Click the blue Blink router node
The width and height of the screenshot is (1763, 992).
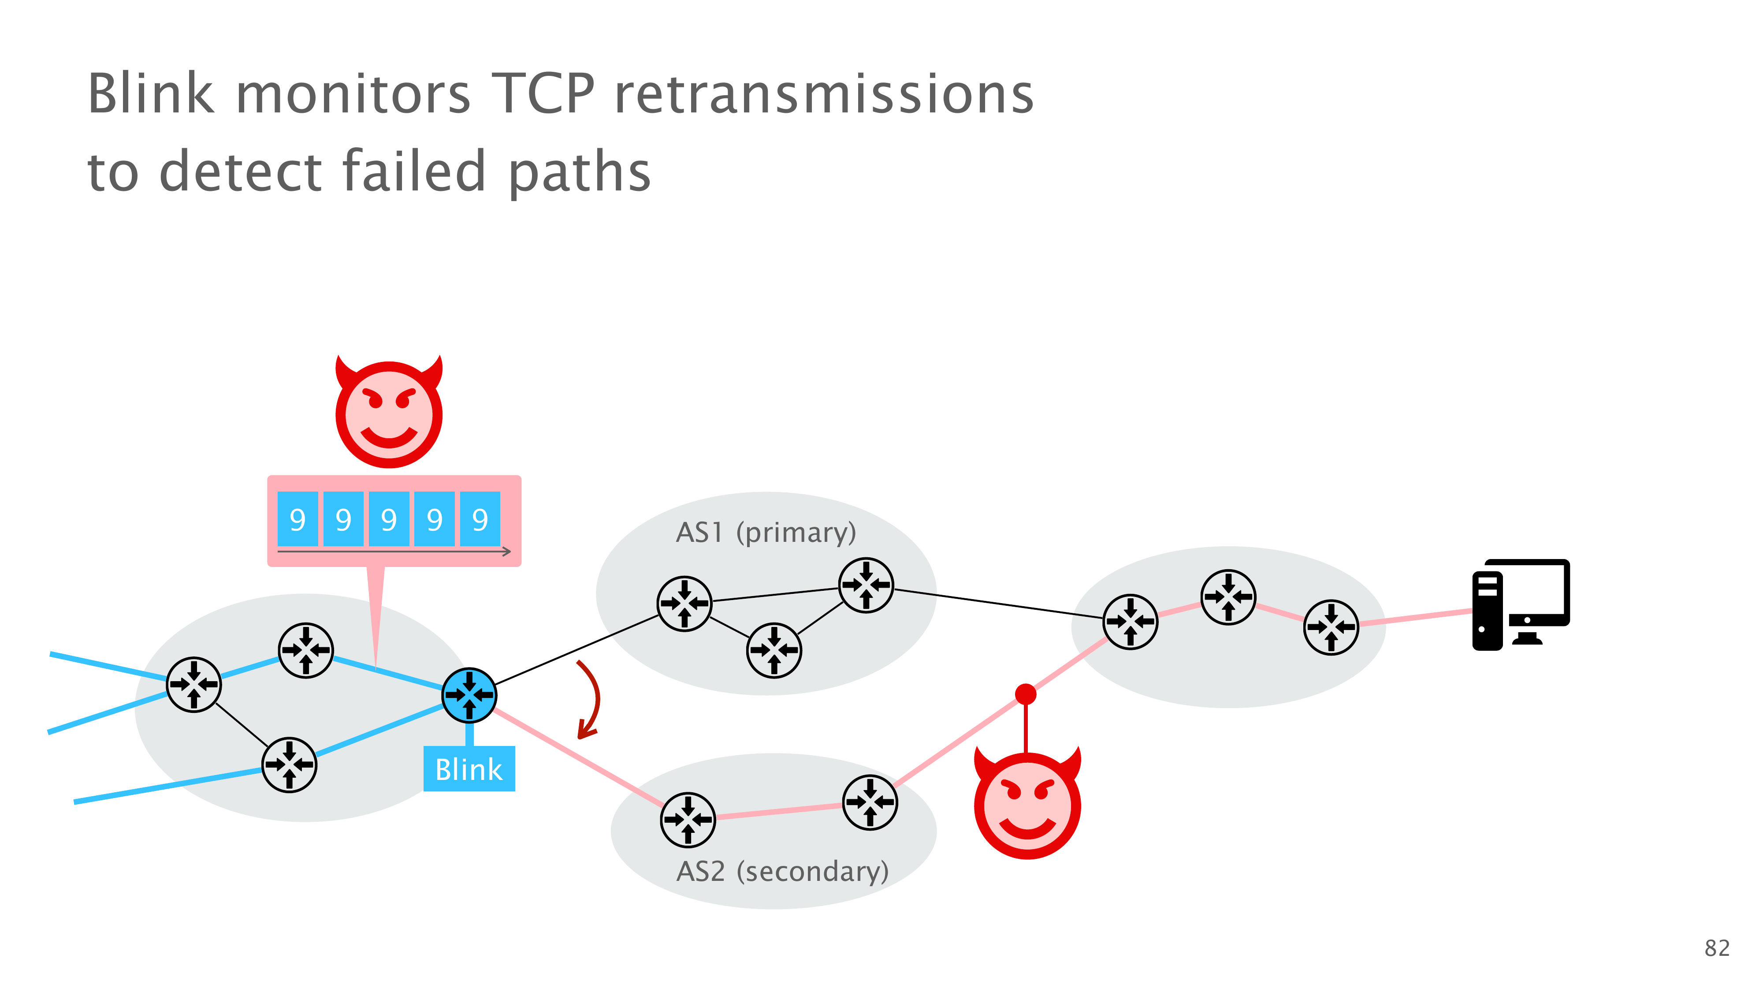[469, 695]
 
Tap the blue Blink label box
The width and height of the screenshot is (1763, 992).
[469, 769]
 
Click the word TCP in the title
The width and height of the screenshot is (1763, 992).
[543, 94]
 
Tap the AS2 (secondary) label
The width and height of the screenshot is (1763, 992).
[781, 871]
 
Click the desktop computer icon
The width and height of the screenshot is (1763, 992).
[1521, 604]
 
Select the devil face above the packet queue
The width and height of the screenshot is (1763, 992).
[389, 412]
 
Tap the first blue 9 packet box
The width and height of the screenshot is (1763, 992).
[298, 519]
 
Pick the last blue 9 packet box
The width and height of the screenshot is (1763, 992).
[480, 519]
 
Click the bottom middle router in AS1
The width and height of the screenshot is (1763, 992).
[774, 650]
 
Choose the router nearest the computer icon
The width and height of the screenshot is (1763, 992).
[1331, 627]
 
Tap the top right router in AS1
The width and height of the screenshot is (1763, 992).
[866, 585]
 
